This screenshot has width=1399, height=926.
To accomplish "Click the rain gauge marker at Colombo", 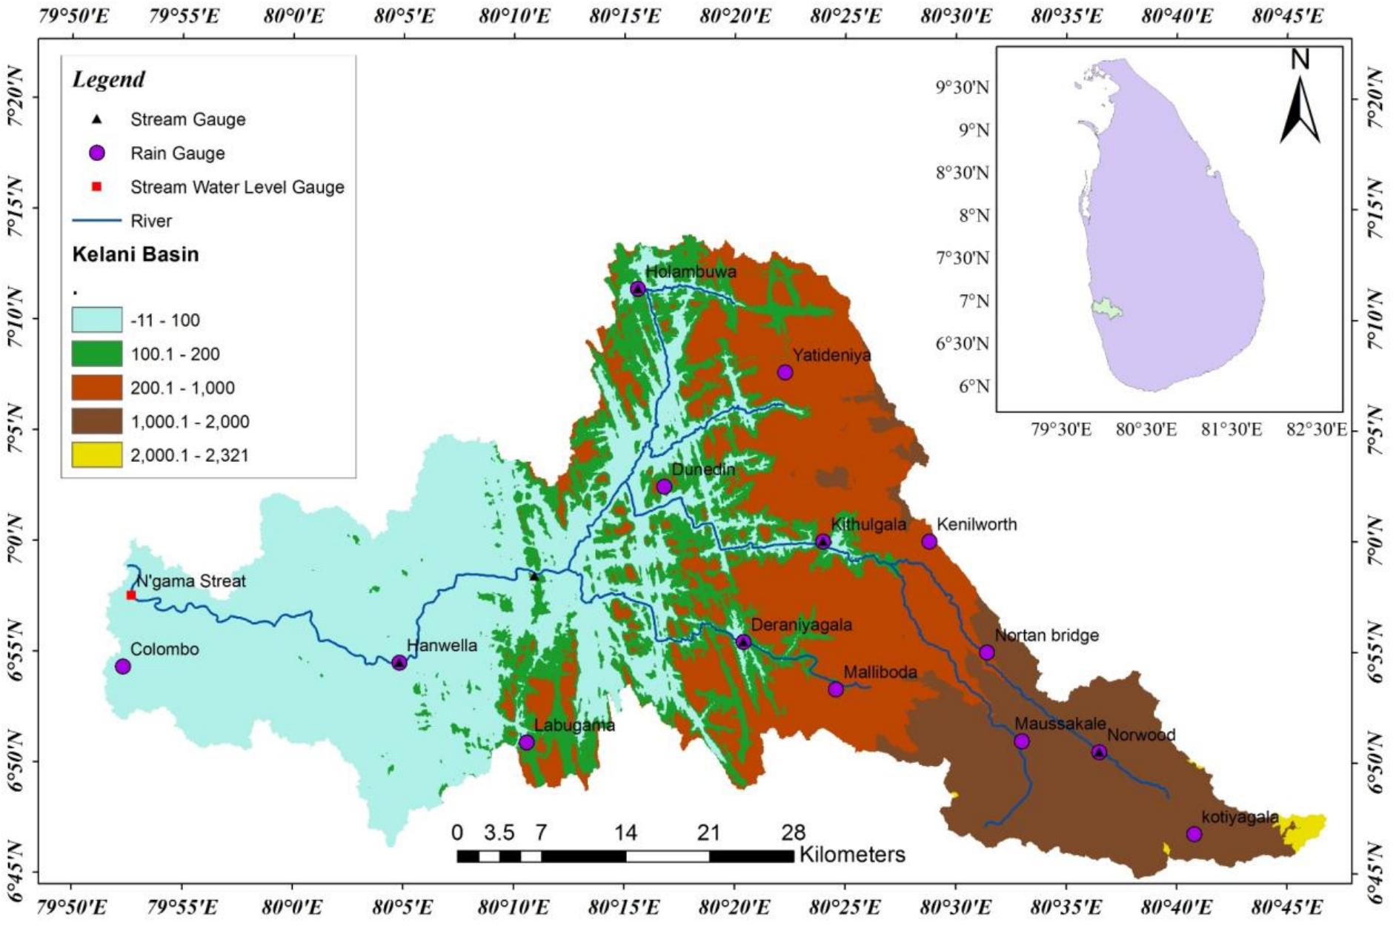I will [x=123, y=667].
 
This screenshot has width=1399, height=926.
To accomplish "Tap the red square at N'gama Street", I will [x=131, y=595].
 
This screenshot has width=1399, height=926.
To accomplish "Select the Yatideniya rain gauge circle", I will [x=785, y=372].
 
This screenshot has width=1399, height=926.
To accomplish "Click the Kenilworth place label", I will [x=977, y=524].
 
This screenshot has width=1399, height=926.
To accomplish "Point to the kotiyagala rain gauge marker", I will [x=1194, y=834].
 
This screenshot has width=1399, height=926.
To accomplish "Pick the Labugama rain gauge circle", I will [x=527, y=742].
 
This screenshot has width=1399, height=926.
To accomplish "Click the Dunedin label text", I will [x=702, y=469].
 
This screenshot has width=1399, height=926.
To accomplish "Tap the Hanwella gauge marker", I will [x=399, y=663].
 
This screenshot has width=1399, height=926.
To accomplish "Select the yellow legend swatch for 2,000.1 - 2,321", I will [x=97, y=455].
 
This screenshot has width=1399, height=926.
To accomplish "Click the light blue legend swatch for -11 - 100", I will [x=97, y=320].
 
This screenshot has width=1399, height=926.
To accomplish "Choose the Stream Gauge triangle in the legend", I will [x=97, y=119].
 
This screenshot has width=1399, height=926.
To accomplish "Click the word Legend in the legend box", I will [x=108, y=79].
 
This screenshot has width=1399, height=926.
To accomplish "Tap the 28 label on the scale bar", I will [x=793, y=833].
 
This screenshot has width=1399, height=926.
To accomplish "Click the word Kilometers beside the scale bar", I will [x=852, y=855].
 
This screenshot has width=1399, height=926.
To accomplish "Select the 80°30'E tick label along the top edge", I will [x=956, y=16].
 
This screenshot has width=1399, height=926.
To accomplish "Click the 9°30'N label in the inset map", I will [x=963, y=87].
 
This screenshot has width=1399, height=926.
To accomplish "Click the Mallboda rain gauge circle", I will [x=836, y=689].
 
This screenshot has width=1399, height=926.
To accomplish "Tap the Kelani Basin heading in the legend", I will [x=136, y=254].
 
